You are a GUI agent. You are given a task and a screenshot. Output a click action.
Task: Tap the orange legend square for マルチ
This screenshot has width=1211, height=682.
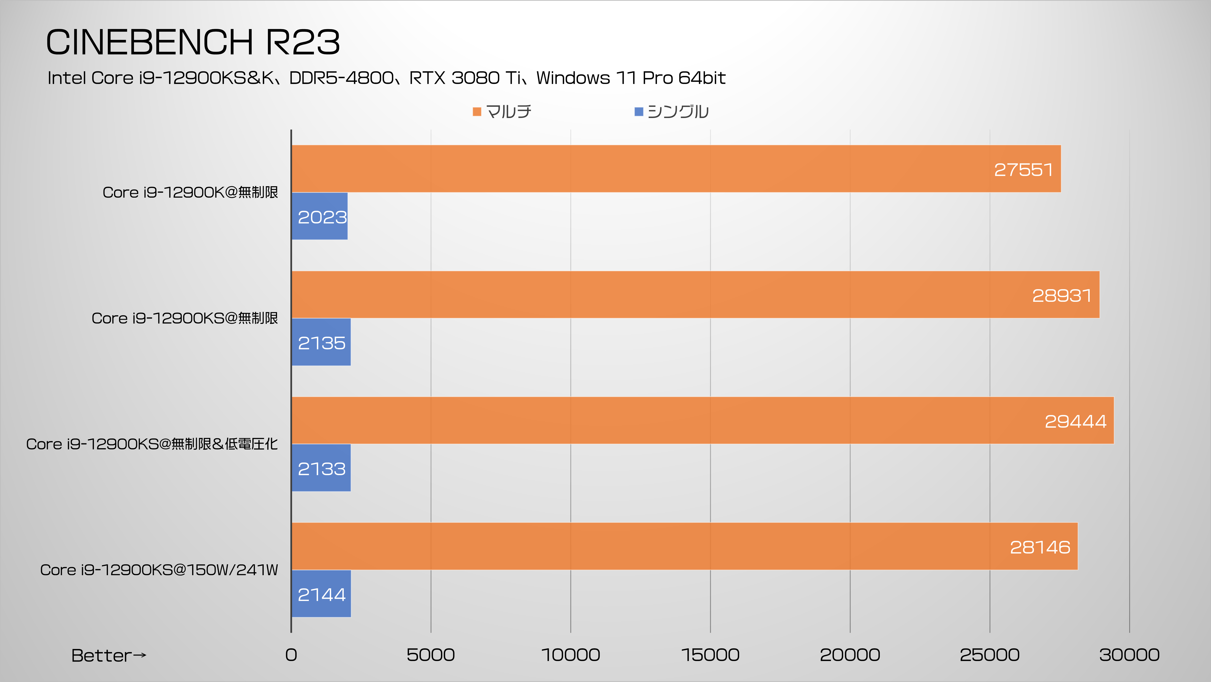477,111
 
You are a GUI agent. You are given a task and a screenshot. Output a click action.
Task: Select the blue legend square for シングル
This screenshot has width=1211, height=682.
638,111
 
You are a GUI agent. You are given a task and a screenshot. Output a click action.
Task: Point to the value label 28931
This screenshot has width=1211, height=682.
1062,295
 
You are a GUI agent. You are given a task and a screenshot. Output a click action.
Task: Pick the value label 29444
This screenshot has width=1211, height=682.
1075,421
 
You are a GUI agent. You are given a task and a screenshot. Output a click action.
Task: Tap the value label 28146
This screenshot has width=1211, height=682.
1040,547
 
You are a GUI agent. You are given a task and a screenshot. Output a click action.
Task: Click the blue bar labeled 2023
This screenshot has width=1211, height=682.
320,216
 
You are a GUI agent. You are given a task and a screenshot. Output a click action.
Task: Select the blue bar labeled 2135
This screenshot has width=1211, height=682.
321,342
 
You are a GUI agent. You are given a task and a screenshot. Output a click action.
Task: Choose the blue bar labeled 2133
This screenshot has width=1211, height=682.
321,468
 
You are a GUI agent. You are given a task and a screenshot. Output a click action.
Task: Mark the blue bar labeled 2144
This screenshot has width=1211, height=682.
321,594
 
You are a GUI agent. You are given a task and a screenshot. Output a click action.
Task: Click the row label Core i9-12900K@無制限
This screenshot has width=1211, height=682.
190,192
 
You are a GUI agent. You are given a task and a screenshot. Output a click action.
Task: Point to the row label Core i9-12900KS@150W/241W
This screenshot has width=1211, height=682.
159,570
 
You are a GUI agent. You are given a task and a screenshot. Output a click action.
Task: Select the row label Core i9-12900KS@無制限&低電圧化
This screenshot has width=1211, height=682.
152,444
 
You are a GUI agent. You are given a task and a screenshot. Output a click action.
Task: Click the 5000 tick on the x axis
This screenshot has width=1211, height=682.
431,655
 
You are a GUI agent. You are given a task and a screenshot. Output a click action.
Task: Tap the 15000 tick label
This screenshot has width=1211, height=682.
710,655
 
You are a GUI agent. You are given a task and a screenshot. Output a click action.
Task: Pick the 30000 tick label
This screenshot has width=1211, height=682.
1129,655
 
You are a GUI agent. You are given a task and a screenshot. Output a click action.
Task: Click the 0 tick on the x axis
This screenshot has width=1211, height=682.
291,655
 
